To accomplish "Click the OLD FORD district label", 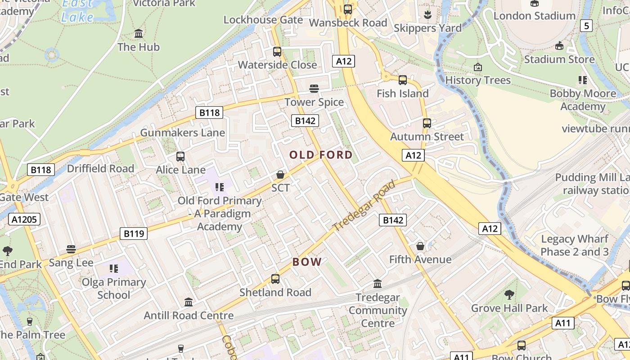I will pyautogui.click(x=321, y=155).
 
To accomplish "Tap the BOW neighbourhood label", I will pyautogui.click(x=307, y=262).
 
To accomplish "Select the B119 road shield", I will pyautogui.click(x=134, y=234).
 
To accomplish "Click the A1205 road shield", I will pyautogui.click(x=24, y=220).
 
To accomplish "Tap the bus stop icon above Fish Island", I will pyautogui.click(x=403, y=80).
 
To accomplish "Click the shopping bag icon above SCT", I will pyautogui.click(x=280, y=175).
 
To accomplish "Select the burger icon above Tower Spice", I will pyautogui.click(x=314, y=89).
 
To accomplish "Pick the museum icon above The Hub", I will pyautogui.click(x=139, y=34).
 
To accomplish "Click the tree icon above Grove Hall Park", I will pyautogui.click(x=509, y=295).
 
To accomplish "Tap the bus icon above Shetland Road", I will pyautogui.click(x=275, y=279).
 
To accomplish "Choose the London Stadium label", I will pyautogui.click(x=535, y=16).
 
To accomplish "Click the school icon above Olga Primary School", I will pyautogui.click(x=114, y=269).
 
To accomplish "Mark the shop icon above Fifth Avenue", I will pyautogui.click(x=420, y=246).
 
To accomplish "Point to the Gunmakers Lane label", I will pyautogui.click(x=182, y=133).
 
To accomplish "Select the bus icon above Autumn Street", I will pyautogui.click(x=427, y=123).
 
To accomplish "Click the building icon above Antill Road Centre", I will pyautogui.click(x=189, y=302).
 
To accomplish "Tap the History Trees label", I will pyautogui.click(x=478, y=81).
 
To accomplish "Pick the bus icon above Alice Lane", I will pyautogui.click(x=180, y=157).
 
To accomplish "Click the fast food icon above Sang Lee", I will pyautogui.click(x=71, y=249).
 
